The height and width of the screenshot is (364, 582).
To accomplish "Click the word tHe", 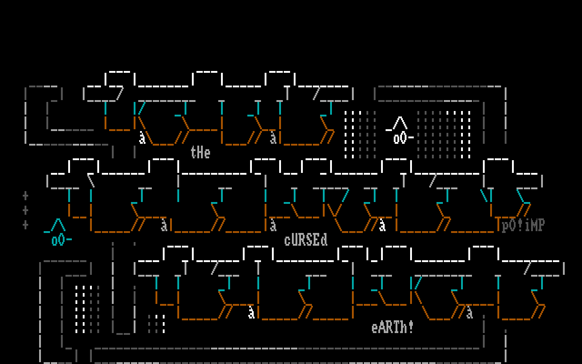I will [201, 152].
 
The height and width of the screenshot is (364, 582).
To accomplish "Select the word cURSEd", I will [306, 239].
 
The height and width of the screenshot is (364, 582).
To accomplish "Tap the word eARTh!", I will [393, 327].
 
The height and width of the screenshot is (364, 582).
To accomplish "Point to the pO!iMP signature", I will [523, 225].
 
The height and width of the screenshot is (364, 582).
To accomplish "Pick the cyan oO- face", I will [61, 240].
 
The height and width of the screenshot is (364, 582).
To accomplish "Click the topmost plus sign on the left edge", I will [25, 196].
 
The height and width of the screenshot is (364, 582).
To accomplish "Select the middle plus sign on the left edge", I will [25, 210].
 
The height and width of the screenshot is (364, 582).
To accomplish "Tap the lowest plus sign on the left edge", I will [25, 225].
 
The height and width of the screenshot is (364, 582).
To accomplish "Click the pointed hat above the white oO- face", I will [400, 123].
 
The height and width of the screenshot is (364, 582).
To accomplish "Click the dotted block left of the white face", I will [360, 134].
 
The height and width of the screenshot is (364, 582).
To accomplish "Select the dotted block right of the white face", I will [444, 134].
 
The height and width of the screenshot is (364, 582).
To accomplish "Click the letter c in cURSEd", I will [287, 240].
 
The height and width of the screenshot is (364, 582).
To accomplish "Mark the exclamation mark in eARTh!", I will [411, 327].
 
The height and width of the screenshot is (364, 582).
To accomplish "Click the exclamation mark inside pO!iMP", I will [520, 225].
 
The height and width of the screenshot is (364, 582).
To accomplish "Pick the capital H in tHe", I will [201, 152].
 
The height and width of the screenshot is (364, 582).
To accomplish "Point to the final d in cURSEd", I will [324, 239].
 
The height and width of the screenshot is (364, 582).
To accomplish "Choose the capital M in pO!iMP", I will [535, 225].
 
